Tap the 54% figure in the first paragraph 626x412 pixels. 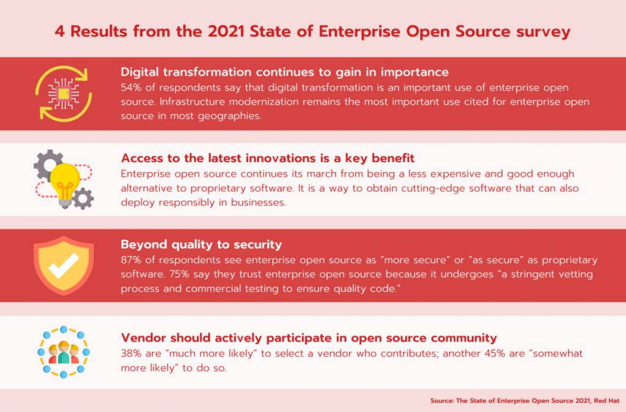(x=131, y=88)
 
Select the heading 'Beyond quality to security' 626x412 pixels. (x=201, y=244)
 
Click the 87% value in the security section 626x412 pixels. (x=131, y=260)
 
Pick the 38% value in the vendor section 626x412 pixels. (x=131, y=354)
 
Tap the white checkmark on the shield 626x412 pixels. (x=64, y=266)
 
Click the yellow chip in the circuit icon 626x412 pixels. (x=64, y=94)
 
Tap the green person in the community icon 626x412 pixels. (x=64, y=353)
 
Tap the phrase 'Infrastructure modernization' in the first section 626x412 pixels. (x=229, y=102)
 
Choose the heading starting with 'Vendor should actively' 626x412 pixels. (x=309, y=338)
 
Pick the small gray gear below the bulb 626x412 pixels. (x=83, y=198)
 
